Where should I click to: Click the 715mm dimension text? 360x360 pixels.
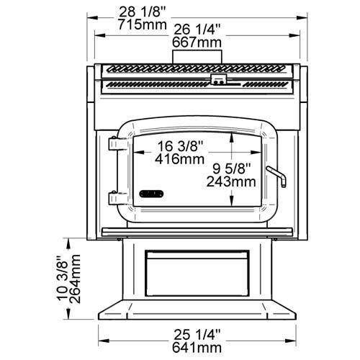tap(143, 24)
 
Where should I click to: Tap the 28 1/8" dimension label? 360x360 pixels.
tap(143, 12)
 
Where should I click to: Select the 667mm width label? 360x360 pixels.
tap(197, 42)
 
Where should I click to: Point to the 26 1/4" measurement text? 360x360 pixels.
tap(197, 30)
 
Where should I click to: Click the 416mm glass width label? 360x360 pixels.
tap(179, 158)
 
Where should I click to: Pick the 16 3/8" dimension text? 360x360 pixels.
tap(180, 146)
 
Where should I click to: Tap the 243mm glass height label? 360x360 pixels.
tap(231, 181)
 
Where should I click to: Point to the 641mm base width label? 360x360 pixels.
tap(197, 347)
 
